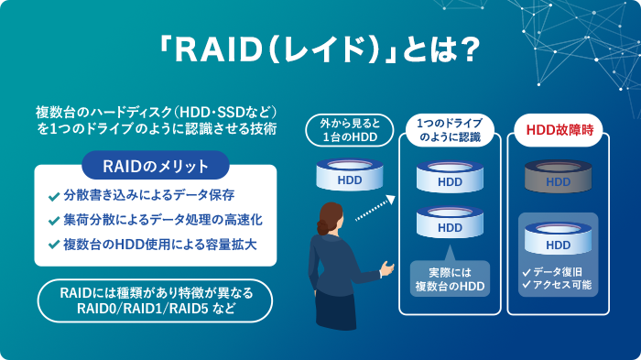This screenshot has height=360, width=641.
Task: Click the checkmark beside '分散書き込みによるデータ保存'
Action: (53, 196)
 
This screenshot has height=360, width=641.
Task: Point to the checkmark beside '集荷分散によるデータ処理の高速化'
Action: (53, 221)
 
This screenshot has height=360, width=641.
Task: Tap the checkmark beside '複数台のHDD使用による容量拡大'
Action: (53, 245)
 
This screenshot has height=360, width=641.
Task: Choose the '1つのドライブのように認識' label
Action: (450, 129)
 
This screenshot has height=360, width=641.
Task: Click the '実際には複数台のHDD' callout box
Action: (450, 279)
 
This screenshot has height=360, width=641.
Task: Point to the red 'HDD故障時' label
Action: (559, 129)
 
